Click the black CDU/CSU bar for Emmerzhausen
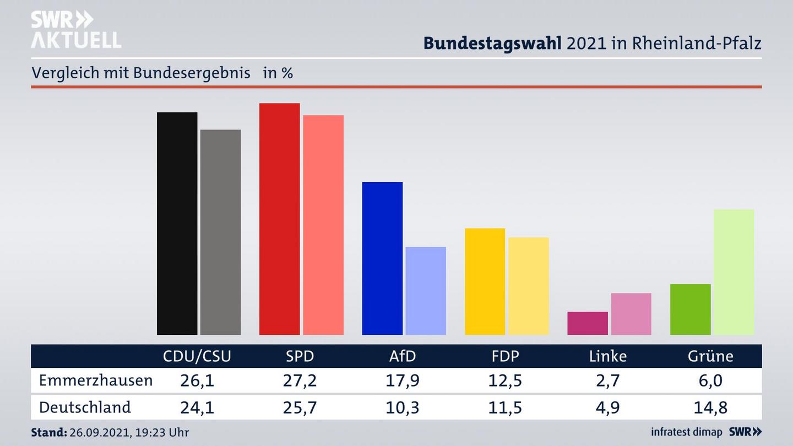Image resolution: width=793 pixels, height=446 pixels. tap(177, 224)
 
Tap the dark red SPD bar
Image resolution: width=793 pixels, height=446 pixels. tap(279, 219)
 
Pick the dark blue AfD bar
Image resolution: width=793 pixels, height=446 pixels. tap(382, 258)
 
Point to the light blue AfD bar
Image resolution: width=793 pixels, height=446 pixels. tap(426, 291)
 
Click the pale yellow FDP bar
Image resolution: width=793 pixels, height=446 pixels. tap(529, 286)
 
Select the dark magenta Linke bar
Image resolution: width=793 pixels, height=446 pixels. tap(588, 323)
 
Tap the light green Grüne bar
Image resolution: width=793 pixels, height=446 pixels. tap(734, 272)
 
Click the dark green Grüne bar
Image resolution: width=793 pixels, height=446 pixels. tap(690, 309)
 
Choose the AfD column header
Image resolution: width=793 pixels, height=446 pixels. tap(403, 356)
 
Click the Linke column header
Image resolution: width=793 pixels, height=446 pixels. tap(608, 356)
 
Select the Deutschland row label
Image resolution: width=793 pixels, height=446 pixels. tap(85, 407)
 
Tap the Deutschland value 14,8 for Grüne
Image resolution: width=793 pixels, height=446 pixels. tap(710, 407)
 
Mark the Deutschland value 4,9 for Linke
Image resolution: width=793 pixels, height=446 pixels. tap(608, 407)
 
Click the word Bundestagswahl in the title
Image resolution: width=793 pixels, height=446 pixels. tap(492, 43)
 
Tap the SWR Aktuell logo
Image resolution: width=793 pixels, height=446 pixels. tap(75, 30)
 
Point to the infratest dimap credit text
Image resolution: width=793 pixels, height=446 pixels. tap(686, 432)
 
